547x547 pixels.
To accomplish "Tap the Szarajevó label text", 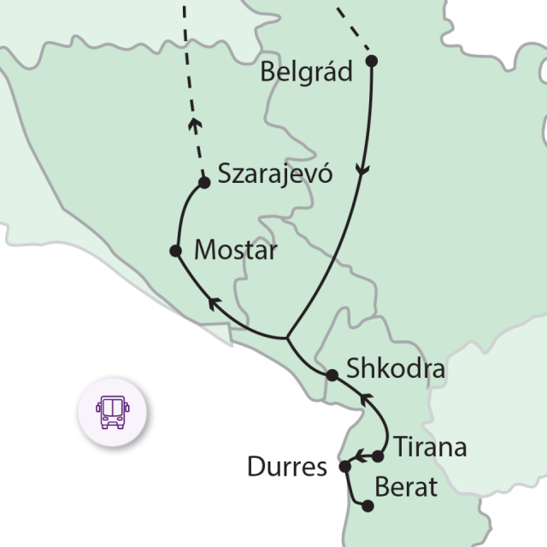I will (274, 174).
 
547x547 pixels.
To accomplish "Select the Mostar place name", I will (236, 251).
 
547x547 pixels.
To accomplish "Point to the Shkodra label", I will (396, 370).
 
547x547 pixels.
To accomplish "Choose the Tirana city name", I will (430, 446).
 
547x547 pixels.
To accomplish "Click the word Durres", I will (287, 468).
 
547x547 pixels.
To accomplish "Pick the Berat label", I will (407, 488).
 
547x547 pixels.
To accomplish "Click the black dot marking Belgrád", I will (372, 61).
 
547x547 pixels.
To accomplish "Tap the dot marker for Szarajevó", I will (204, 182).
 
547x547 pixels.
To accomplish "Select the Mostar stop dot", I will (175, 251).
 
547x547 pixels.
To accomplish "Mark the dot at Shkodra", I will (332, 374).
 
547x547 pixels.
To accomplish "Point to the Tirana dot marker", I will (379, 456).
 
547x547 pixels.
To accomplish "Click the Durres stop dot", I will (345, 467).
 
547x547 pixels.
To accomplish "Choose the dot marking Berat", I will (368, 506).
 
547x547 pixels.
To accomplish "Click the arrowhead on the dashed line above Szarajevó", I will (195, 125).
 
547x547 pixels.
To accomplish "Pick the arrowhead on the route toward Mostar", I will (215, 301).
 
